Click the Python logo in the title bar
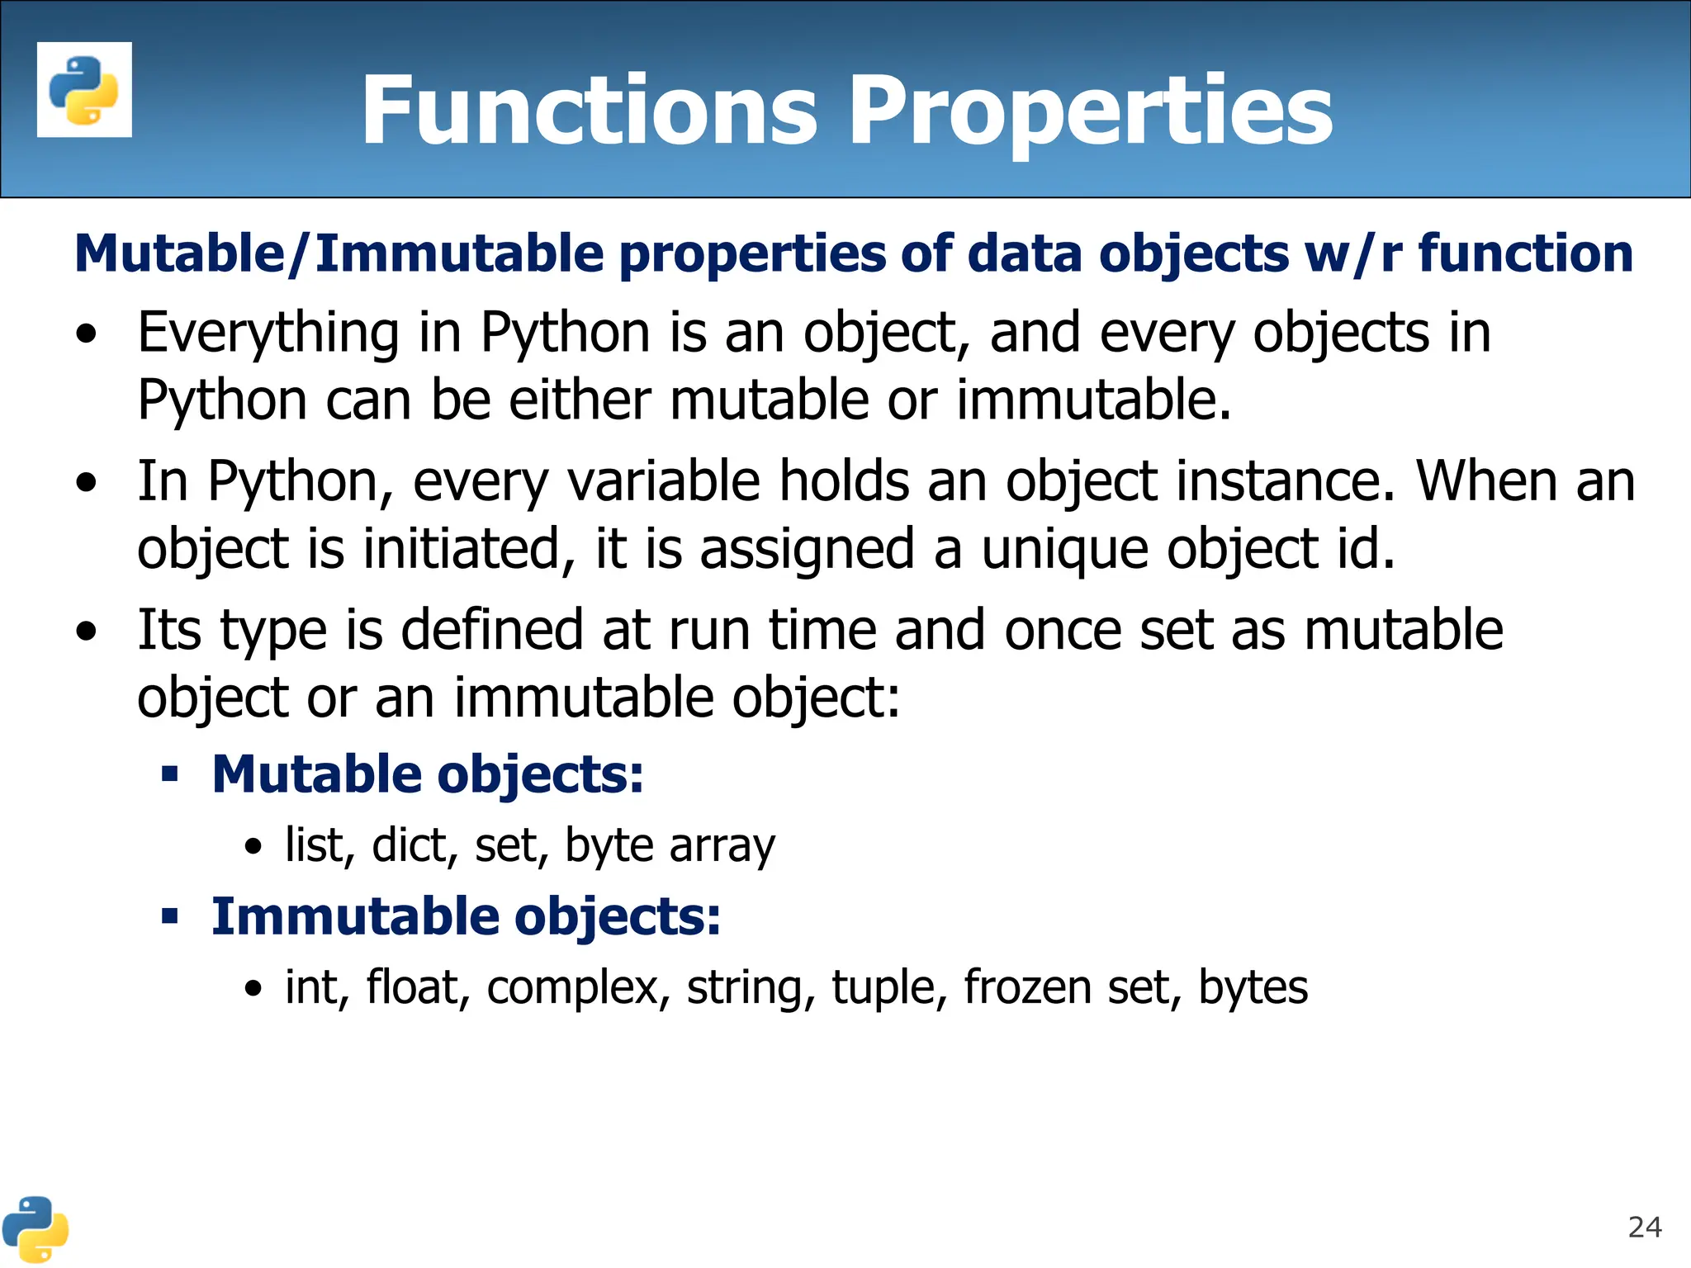coord(84,89)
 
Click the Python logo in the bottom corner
coord(35,1229)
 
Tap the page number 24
coord(1644,1228)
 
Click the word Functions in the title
coord(589,111)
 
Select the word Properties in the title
coord(1090,111)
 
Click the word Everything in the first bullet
coord(268,333)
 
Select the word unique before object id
coord(1064,549)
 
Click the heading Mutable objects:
coord(427,774)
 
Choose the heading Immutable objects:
coord(466,916)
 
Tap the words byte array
coord(670,845)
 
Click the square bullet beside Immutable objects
coord(170,916)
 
